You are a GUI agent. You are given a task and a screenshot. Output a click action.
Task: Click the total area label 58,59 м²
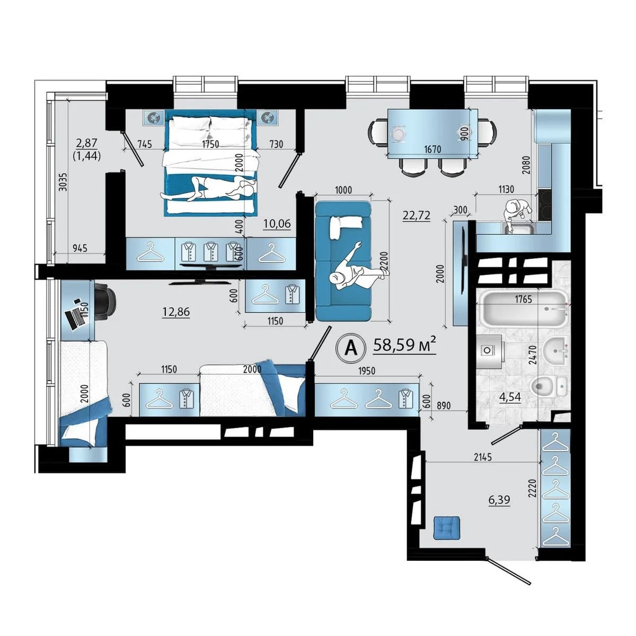[x=404, y=345]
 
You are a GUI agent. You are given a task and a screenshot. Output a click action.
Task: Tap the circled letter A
[x=351, y=348]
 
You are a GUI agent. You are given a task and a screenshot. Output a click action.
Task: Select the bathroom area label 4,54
[x=510, y=397]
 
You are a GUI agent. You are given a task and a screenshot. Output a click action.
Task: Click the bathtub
[x=524, y=308]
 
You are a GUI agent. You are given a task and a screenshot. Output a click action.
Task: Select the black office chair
[x=105, y=301]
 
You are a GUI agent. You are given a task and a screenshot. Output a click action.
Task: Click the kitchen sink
[x=518, y=228]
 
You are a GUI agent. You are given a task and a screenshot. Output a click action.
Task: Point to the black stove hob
[x=545, y=205]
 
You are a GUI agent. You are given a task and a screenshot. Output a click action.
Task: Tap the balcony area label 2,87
[x=86, y=143]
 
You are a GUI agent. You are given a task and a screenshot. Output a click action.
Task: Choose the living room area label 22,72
[x=416, y=216]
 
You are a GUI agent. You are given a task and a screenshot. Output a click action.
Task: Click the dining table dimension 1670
[x=432, y=149]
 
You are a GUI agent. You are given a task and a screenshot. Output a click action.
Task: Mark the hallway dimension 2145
[x=483, y=457]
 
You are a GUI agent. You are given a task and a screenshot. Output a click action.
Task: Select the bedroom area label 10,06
[x=277, y=224]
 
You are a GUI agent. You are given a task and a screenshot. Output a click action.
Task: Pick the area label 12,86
[x=176, y=311]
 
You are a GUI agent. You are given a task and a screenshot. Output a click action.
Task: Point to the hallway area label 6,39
[x=499, y=500]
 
